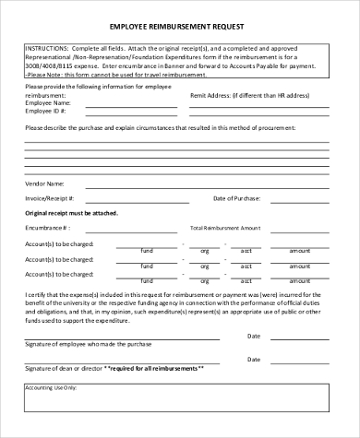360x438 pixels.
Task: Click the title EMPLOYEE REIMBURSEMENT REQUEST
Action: click(x=180, y=29)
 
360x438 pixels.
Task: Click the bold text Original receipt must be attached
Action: click(x=78, y=212)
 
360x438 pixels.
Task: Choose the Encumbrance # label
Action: click(x=47, y=227)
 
